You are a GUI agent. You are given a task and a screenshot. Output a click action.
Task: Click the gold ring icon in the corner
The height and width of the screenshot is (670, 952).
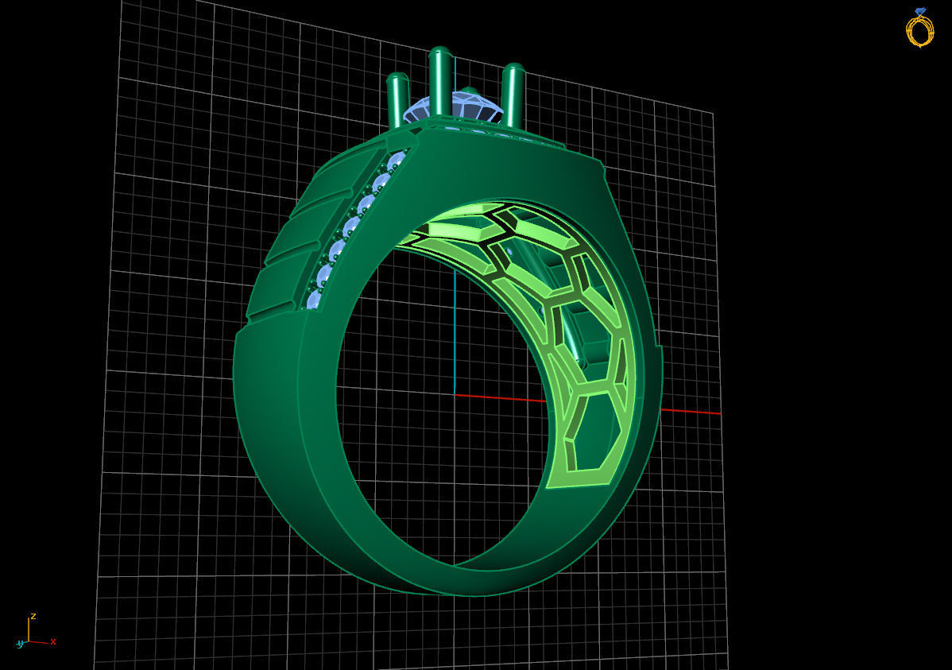coord(919,30)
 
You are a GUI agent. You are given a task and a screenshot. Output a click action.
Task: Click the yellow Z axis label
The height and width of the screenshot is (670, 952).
coord(33,616)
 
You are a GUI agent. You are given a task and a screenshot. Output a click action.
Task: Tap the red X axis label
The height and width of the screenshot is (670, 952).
coord(53,641)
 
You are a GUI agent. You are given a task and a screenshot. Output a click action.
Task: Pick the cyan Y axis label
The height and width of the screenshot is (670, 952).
coord(20,644)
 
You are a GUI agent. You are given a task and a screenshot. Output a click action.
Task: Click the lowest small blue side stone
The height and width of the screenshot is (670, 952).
coord(314,300)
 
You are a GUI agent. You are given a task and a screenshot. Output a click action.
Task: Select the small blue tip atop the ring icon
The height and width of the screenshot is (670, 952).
coord(920,11)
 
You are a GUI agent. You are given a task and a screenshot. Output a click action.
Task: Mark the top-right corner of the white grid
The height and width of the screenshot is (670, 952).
coord(712,114)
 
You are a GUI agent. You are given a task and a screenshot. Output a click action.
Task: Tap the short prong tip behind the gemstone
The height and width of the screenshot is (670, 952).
coord(470,91)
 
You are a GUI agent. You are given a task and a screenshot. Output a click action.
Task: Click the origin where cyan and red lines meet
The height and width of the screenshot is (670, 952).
coord(454,393)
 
